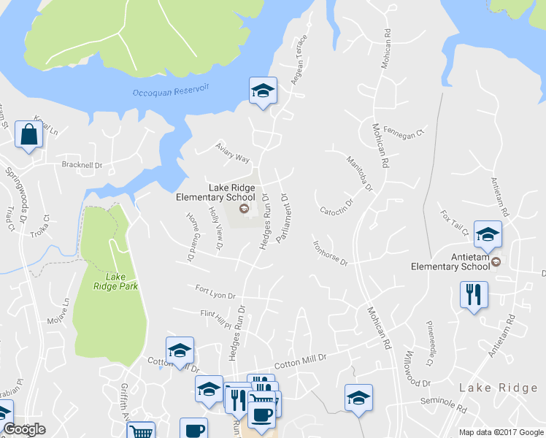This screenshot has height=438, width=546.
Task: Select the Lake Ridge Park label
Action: click(x=115, y=281)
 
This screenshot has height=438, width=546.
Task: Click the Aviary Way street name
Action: click(x=233, y=153)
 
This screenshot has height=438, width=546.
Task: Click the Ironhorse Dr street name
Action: click(x=330, y=253)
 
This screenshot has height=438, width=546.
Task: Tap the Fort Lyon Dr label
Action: click(x=215, y=292)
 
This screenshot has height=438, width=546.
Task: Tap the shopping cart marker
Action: click(x=140, y=431)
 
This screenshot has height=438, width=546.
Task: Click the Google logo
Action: click(x=24, y=430)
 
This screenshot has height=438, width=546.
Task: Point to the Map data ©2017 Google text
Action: click(x=501, y=432)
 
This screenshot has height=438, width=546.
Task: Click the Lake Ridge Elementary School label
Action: click(x=215, y=192)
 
